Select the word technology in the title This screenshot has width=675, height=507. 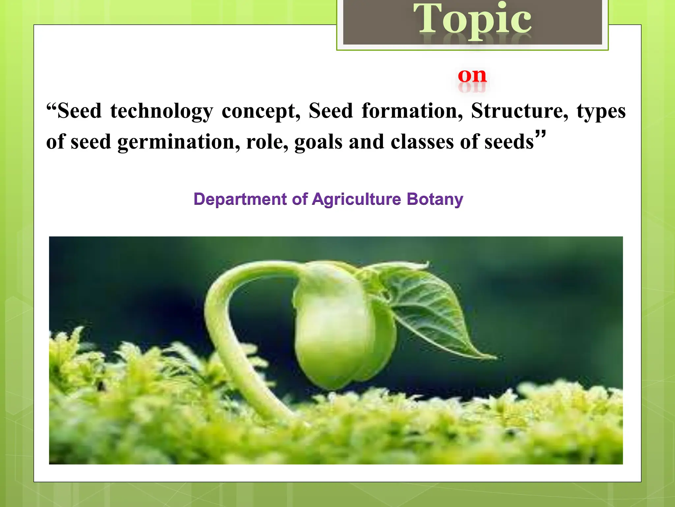(161, 112)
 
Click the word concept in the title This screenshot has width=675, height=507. (261, 112)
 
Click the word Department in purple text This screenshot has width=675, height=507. (240, 199)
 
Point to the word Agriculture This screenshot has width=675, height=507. (357, 199)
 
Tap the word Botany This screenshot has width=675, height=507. (435, 199)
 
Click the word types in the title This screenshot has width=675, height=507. (601, 112)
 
